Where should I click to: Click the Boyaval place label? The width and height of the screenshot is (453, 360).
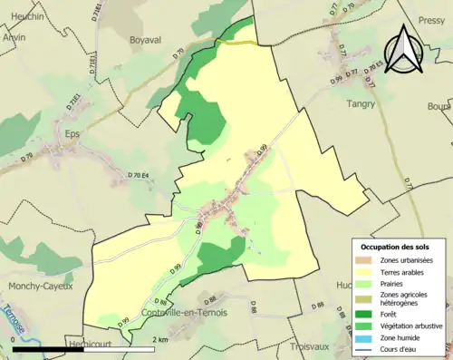(x=126, y=41)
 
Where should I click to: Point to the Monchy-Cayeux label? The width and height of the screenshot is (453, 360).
(x=39, y=287)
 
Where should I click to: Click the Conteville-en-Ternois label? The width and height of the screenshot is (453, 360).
(x=185, y=313)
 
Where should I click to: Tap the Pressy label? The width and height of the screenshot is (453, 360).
(x=431, y=19)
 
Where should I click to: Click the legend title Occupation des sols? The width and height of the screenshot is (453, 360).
(x=397, y=247)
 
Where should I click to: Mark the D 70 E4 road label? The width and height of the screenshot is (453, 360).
(x=144, y=173)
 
